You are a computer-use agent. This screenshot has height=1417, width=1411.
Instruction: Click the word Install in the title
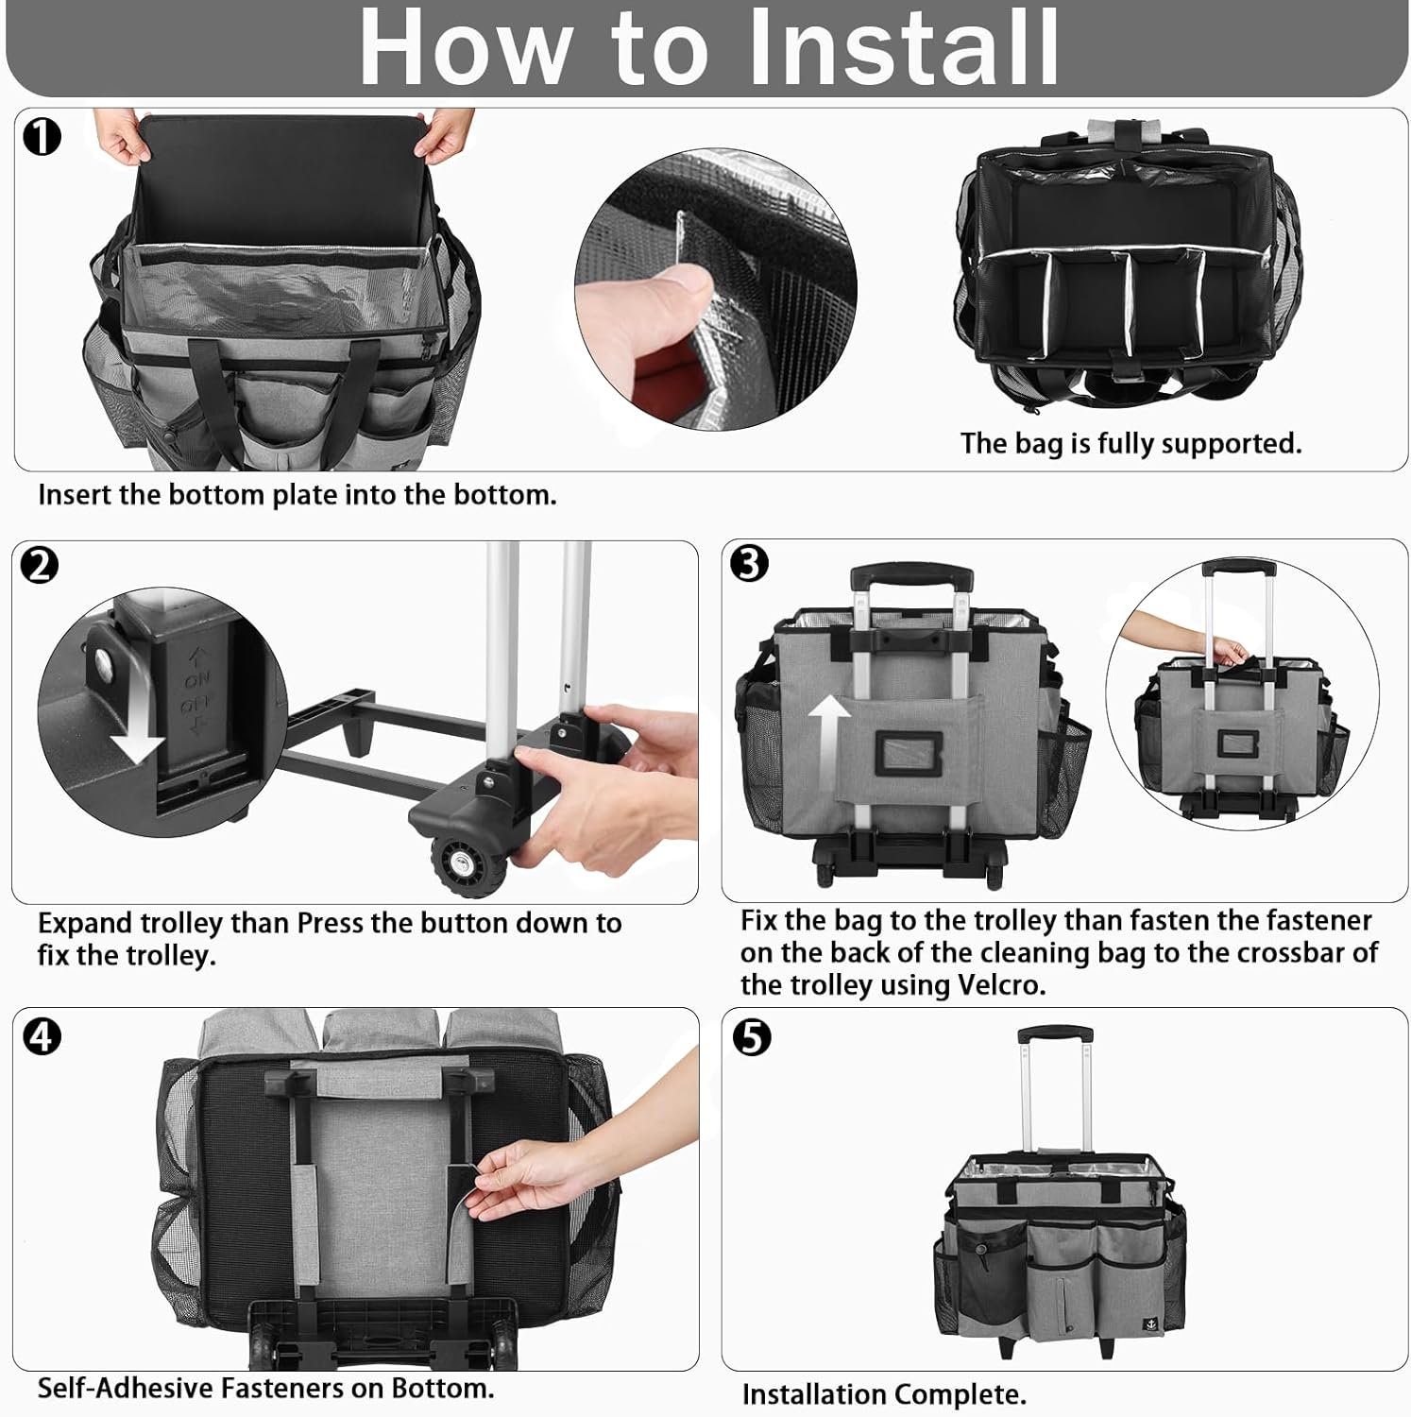coord(904,47)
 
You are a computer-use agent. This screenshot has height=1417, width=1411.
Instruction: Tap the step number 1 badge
coord(42,138)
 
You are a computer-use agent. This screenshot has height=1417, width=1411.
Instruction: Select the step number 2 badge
coord(40,565)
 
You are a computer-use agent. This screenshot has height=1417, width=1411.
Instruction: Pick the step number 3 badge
coord(749,564)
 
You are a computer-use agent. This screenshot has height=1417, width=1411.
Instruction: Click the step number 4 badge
coord(42,1036)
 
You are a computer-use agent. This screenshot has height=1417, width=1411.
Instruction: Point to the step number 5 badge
coord(752,1037)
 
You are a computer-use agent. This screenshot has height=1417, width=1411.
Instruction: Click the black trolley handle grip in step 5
coord(1056,1034)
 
